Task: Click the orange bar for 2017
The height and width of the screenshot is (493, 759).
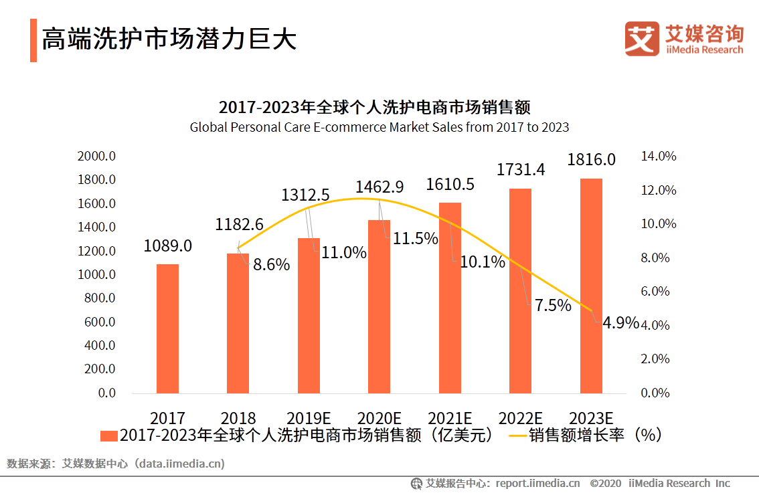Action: point(167,328)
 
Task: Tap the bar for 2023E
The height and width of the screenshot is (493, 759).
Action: point(591,286)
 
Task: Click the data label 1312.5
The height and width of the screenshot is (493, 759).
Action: point(305,195)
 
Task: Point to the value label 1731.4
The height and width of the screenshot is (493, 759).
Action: point(521,170)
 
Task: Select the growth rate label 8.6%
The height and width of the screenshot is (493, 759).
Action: point(271,265)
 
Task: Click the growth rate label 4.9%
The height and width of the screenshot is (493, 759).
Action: point(620,323)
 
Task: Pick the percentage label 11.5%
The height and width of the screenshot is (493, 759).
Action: point(415,238)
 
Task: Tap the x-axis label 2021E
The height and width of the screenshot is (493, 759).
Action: point(450,419)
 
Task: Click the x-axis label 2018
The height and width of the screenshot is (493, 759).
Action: point(238,419)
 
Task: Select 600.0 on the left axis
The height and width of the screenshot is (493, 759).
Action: point(98,322)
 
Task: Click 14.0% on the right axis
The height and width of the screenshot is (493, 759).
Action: point(659,157)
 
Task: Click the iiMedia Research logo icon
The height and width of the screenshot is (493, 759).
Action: point(643,38)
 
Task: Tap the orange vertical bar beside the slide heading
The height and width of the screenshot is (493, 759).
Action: point(33,40)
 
